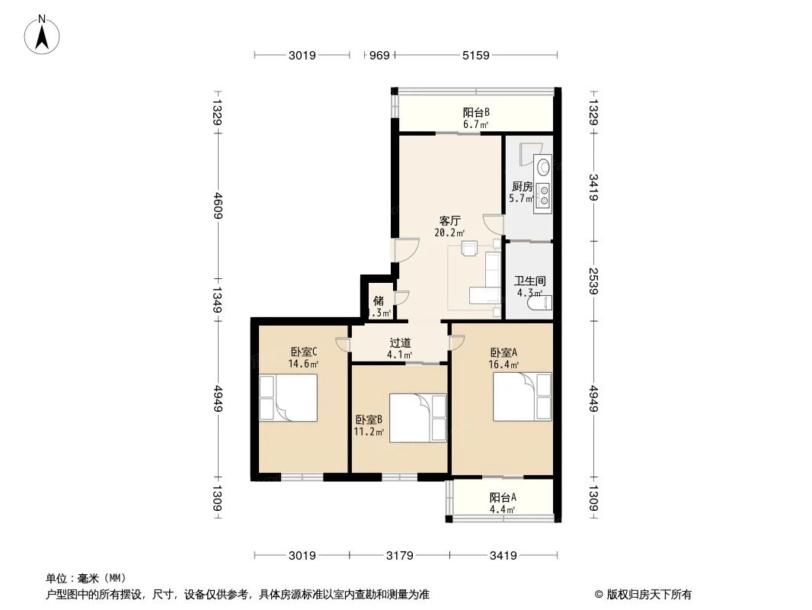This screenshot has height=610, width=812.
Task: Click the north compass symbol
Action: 44,34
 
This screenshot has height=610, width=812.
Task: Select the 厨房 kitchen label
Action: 521,187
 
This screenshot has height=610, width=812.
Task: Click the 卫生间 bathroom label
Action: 529,281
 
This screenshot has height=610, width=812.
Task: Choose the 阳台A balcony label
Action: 503,497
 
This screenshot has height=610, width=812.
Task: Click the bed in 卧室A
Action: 522,396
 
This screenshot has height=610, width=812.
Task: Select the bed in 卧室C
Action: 288,398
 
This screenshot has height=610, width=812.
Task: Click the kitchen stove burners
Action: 544,195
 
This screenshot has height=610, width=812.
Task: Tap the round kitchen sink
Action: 544,165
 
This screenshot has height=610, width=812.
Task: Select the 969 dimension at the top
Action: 379,55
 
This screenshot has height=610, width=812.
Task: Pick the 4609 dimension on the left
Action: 217,205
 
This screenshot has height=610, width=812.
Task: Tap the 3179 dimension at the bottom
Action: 399,555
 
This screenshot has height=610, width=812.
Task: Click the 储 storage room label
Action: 379,300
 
